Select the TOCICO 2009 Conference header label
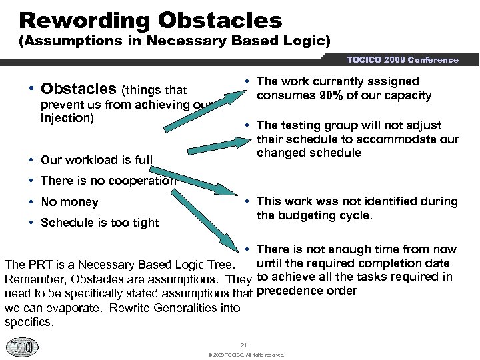402,60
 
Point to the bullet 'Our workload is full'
96,159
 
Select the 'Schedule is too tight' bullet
99,223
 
